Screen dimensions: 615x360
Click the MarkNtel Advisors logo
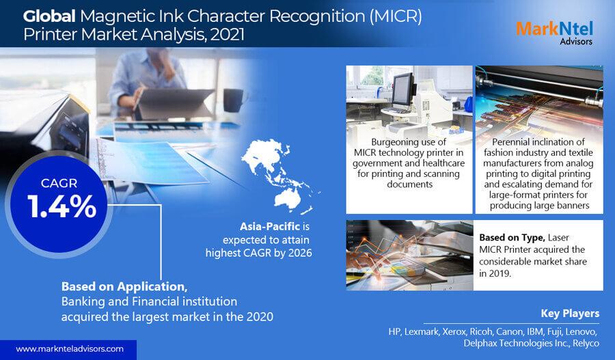click(x=554, y=33)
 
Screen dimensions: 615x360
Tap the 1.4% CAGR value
click(x=61, y=206)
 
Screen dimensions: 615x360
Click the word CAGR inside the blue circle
click(x=59, y=183)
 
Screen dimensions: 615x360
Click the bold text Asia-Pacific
click(x=270, y=226)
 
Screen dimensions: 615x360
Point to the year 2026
click(x=300, y=253)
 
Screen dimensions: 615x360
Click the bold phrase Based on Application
click(x=124, y=287)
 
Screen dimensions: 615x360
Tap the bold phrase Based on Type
click(x=512, y=238)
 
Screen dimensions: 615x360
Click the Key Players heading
click(x=570, y=314)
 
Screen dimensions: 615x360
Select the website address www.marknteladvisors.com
click(x=70, y=348)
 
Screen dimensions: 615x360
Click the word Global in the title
click(x=49, y=16)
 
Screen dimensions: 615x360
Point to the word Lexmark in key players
click(x=421, y=332)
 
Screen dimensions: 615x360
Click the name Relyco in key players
click(x=586, y=344)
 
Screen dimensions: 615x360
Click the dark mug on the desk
click(x=234, y=100)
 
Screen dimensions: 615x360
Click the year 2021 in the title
click(x=228, y=35)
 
